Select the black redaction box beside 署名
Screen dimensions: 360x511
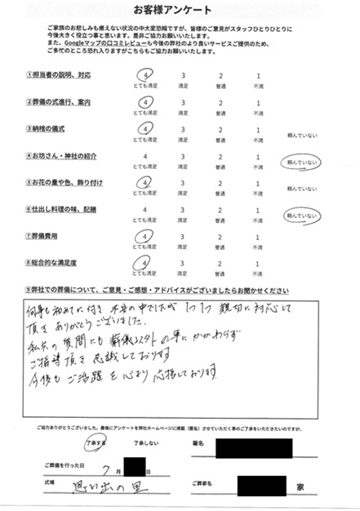click(254, 447)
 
